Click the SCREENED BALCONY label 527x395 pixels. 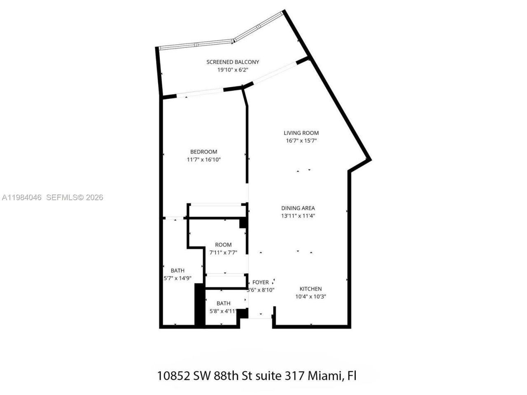click(233, 62)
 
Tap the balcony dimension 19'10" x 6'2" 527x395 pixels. click(233, 70)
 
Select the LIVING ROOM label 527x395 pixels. click(301, 133)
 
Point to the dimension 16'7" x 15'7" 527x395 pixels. click(301, 141)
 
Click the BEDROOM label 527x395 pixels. click(203, 152)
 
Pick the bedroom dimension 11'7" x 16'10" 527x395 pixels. click(203, 160)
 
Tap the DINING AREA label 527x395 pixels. click(298, 208)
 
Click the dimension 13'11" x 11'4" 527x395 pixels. click(298, 216)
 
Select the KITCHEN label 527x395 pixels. click(310, 289)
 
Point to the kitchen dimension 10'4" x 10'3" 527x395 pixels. click(310, 297)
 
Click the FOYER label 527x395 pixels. click(260, 282)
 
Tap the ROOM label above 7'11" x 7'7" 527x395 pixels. click(223, 245)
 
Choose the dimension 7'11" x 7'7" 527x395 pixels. click(223, 253)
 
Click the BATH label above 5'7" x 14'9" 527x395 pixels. click(177, 270)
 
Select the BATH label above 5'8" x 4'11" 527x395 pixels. click(223, 304)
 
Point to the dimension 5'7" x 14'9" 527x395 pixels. click(177, 278)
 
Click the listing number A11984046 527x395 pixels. click(22, 197)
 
